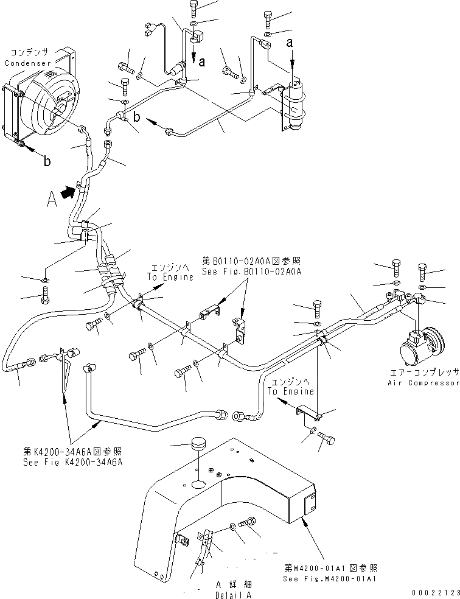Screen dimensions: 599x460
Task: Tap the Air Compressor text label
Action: (423, 383)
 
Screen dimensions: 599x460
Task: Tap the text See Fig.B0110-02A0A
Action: (250, 271)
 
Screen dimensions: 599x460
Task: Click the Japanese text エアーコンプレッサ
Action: (423, 373)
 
